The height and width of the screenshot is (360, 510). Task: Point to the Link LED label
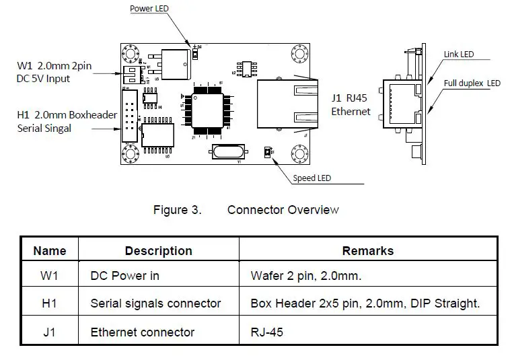click(x=460, y=54)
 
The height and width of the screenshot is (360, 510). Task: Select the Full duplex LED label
click(x=472, y=83)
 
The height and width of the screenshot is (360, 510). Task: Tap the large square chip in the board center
click(x=208, y=108)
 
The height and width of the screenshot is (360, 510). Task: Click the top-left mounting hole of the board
click(x=130, y=52)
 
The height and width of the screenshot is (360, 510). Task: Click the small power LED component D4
click(x=195, y=53)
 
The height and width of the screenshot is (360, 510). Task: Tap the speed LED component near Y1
click(x=268, y=153)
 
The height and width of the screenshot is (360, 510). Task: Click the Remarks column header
click(x=367, y=251)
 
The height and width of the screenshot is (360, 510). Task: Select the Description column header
click(x=158, y=251)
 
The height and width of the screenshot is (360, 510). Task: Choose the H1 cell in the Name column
click(x=50, y=303)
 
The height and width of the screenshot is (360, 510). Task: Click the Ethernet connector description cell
click(x=142, y=332)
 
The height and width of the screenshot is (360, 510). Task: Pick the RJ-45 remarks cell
click(x=266, y=332)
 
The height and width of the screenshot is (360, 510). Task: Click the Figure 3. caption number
click(x=177, y=210)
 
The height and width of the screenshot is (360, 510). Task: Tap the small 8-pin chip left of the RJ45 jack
click(x=248, y=67)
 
